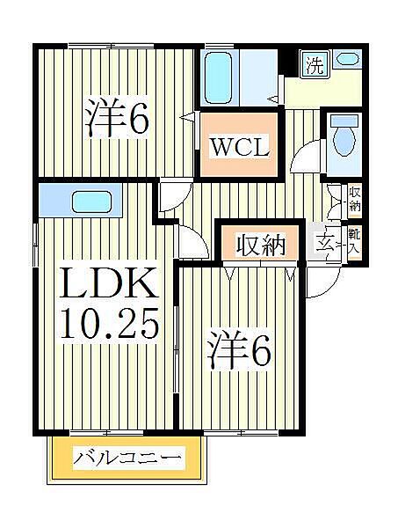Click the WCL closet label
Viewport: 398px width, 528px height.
click(x=238, y=144)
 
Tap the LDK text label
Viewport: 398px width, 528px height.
click(x=109, y=287)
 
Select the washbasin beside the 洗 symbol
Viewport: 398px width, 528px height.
click(x=347, y=61)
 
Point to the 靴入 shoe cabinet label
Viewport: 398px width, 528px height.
click(x=353, y=241)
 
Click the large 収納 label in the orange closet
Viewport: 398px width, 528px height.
click(x=261, y=246)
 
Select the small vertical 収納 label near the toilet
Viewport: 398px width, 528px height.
click(x=353, y=199)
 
